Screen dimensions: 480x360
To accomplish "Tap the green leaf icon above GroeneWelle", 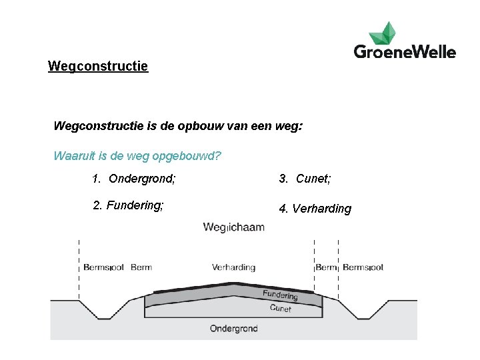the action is click(x=382, y=32).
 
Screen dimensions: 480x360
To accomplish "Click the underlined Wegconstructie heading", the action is click(x=98, y=67).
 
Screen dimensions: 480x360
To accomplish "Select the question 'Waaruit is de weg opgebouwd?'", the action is click(x=137, y=157).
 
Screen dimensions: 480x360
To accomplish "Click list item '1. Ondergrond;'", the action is click(x=134, y=179).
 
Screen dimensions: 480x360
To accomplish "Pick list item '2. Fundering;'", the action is click(x=129, y=205).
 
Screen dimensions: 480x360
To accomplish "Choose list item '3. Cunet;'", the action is click(x=305, y=179).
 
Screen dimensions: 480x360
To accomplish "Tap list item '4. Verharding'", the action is click(x=315, y=209).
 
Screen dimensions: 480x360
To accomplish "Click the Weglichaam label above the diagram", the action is click(x=234, y=227).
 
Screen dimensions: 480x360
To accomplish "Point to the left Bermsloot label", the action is click(x=103, y=267).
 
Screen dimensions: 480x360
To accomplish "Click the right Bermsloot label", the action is click(x=363, y=267).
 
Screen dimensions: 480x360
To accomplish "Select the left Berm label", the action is click(x=141, y=267).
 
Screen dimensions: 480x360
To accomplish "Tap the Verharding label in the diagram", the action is click(x=233, y=267).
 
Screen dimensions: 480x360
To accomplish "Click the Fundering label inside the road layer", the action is click(x=280, y=295).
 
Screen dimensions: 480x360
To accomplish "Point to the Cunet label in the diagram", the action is click(x=281, y=308).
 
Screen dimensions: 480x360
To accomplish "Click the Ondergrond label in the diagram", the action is click(x=233, y=328).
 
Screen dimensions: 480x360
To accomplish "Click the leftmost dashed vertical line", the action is click(x=79, y=270).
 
